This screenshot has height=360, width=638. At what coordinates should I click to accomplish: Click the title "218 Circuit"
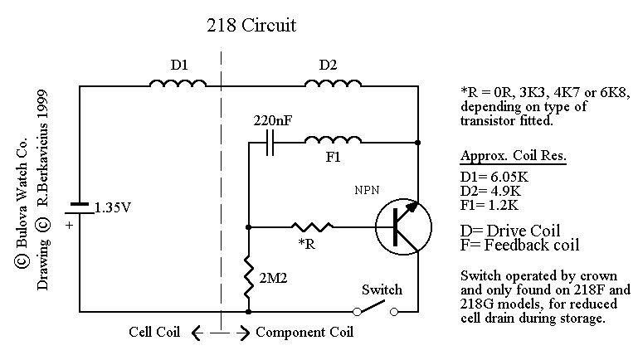pos(251,25)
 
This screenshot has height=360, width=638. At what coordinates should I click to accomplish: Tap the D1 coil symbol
pos(178,83)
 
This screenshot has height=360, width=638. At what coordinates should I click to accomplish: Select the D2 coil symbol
pos(333,83)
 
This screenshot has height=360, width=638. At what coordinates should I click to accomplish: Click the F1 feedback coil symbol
pos(333,139)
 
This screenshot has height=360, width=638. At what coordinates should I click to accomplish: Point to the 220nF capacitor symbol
pos(270,143)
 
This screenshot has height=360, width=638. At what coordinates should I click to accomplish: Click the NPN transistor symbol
pos(403,226)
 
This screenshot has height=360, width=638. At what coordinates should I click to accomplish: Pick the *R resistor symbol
pos(312,226)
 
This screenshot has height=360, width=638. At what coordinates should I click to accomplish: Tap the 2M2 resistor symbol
pos(248,278)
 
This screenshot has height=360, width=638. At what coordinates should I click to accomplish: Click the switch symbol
pos(375,309)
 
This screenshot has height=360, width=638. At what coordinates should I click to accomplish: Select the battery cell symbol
pos(80,208)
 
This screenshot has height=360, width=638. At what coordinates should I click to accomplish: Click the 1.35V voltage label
pos(113,208)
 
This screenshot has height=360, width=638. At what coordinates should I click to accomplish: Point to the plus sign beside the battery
pos(69,225)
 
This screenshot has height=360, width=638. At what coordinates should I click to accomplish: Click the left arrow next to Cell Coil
pos(197,333)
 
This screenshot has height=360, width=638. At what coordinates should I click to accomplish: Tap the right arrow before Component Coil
pos(243,333)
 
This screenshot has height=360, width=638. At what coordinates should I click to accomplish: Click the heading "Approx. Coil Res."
pos(513,156)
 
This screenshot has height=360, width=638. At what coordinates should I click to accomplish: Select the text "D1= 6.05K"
pos(494,177)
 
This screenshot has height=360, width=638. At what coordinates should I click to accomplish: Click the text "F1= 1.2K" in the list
pos(489,205)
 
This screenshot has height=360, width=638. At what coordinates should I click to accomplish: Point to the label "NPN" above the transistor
pos(367,190)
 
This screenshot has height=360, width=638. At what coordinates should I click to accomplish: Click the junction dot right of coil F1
pos(418,143)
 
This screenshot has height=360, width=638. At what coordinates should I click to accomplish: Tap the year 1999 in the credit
pos(42,105)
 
